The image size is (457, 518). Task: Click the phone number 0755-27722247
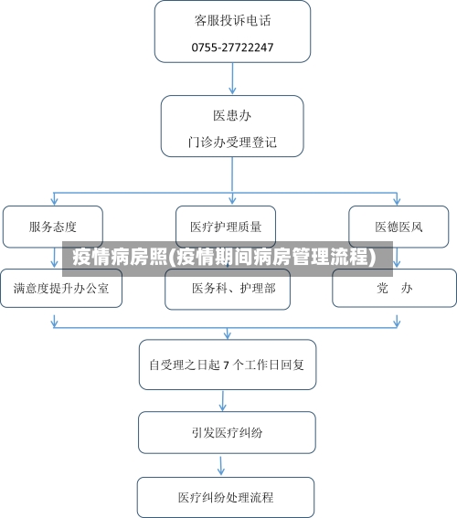point(232,47)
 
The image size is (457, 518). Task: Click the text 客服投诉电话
point(232,19)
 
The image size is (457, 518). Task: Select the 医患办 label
point(232,116)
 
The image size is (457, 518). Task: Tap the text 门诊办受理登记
point(232,143)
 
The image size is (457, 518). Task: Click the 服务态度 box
point(53,226)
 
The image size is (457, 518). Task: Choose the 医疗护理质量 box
point(226,226)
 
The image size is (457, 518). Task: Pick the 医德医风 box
point(399,226)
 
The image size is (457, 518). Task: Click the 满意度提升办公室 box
point(60,288)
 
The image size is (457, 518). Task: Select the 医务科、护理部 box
point(228,289)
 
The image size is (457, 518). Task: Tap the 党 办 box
point(394,288)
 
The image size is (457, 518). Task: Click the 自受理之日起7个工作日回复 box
point(232,364)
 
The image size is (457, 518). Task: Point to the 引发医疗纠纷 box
point(227,432)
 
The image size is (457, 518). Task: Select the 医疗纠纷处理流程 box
point(226,498)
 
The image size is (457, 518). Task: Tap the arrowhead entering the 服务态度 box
point(54,200)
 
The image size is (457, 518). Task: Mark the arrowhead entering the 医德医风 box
point(398,200)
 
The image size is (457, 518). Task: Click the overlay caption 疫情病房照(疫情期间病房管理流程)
point(224,257)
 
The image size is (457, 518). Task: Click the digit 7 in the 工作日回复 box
point(226,364)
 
